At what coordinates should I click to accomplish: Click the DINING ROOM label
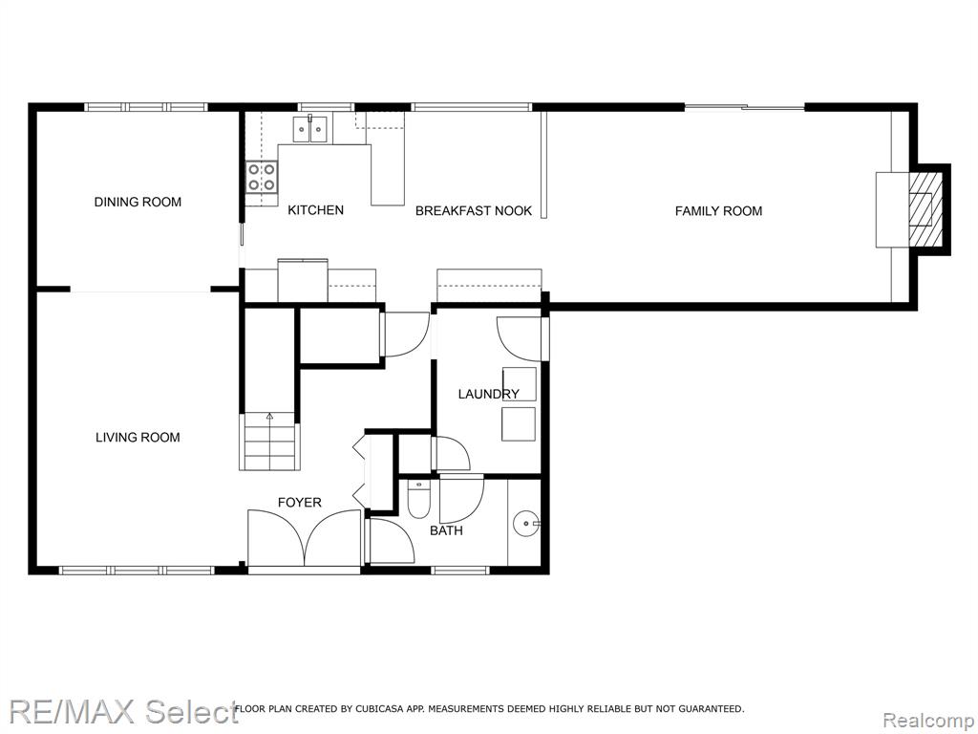138,203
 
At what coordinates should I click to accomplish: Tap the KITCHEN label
315,210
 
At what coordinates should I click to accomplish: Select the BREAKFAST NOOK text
474,211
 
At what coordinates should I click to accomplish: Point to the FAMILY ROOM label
718,211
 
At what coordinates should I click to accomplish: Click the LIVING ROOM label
138,438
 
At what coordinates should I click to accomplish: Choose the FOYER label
299,503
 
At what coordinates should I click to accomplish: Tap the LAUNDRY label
488,394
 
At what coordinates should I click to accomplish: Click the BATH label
447,530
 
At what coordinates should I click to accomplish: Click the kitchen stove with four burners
262,177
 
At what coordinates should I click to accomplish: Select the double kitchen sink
310,129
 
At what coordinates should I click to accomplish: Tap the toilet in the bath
418,499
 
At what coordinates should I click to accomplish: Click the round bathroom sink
527,523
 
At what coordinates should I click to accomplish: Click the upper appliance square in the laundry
520,384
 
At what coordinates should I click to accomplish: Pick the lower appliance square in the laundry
519,424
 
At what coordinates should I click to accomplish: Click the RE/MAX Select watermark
123,712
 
